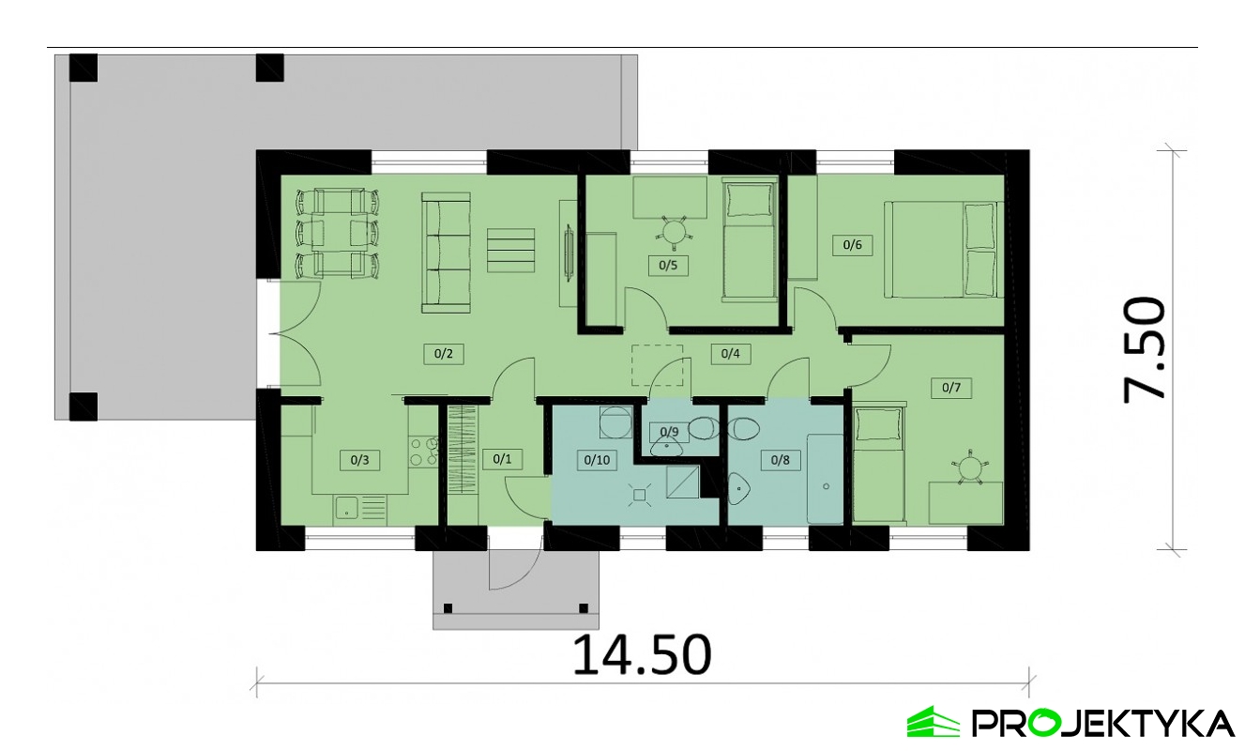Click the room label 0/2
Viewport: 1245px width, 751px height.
click(x=444, y=354)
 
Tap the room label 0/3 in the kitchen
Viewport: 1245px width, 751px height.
click(x=359, y=461)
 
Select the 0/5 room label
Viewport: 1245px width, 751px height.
click(x=668, y=266)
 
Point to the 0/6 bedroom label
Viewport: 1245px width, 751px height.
click(x=852, y=245)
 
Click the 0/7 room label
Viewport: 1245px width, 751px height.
click(x=951, y=387)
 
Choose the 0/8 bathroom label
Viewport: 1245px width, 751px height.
click(x=780, y=461)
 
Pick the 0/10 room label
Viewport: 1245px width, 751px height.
click(x=597, y=461)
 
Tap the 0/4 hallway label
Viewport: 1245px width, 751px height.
click(x=730, y=354)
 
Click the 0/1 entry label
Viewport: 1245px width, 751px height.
click(x=502, y=459)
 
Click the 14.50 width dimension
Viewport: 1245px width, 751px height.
click(x=642, y=654)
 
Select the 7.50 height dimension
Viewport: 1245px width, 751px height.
click(x=1144, y=350)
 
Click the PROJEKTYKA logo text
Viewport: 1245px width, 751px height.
click(x=1102, y=723)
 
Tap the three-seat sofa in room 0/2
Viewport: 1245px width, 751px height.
click(x=447, y=253)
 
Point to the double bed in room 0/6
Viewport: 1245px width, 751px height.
click(x=942, y=250)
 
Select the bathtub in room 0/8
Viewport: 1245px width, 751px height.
click(x=826, y=480)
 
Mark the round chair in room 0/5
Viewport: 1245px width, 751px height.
click(x=674, y=230)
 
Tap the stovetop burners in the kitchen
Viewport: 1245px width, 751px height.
click(x=423, y=452)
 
